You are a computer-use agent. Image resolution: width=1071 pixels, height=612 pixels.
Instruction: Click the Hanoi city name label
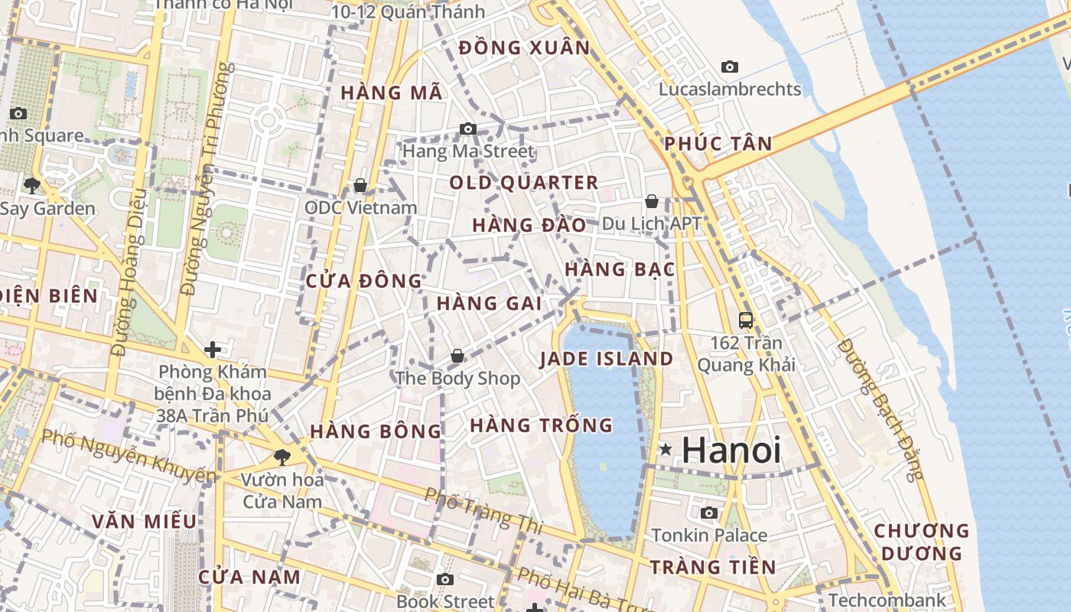(731, 450)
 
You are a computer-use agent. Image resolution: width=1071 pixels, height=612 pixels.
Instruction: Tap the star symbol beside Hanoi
(666, 450)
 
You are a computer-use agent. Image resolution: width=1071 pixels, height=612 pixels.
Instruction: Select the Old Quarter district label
(523, 183)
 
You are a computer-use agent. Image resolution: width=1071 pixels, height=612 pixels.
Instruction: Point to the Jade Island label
(606, 359)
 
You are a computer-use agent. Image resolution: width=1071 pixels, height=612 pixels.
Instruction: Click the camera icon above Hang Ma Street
(468, 129)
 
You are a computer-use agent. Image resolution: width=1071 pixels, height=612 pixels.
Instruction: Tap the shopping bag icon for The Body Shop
(457, 356)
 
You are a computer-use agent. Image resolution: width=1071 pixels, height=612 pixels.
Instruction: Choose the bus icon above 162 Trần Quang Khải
(745, 321)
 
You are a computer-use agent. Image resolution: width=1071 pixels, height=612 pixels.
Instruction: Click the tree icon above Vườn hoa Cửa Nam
(282, 457)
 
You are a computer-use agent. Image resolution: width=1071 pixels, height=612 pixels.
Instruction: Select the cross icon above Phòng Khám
(212, 350)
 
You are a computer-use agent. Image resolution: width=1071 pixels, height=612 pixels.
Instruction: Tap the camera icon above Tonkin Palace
(709, 513)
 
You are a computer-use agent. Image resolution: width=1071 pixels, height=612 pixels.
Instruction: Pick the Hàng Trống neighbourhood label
(541, 425)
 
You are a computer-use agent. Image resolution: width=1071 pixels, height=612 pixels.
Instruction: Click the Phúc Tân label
(718, 144)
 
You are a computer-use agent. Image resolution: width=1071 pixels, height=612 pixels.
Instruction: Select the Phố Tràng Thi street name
(483, 510)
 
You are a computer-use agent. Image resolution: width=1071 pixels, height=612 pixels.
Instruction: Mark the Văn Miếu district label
(144, 522)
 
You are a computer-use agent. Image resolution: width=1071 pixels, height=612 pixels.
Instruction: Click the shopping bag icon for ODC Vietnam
(360, 185)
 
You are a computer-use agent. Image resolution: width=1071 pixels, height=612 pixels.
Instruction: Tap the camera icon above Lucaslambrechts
(730, 67)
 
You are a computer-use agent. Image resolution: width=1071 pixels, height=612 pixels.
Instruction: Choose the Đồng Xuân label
(524, 48)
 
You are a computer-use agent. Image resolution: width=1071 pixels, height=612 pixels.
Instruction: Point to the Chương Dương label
(921, 542)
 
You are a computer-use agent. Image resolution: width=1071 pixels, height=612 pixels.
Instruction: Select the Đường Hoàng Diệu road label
(127, 283)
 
